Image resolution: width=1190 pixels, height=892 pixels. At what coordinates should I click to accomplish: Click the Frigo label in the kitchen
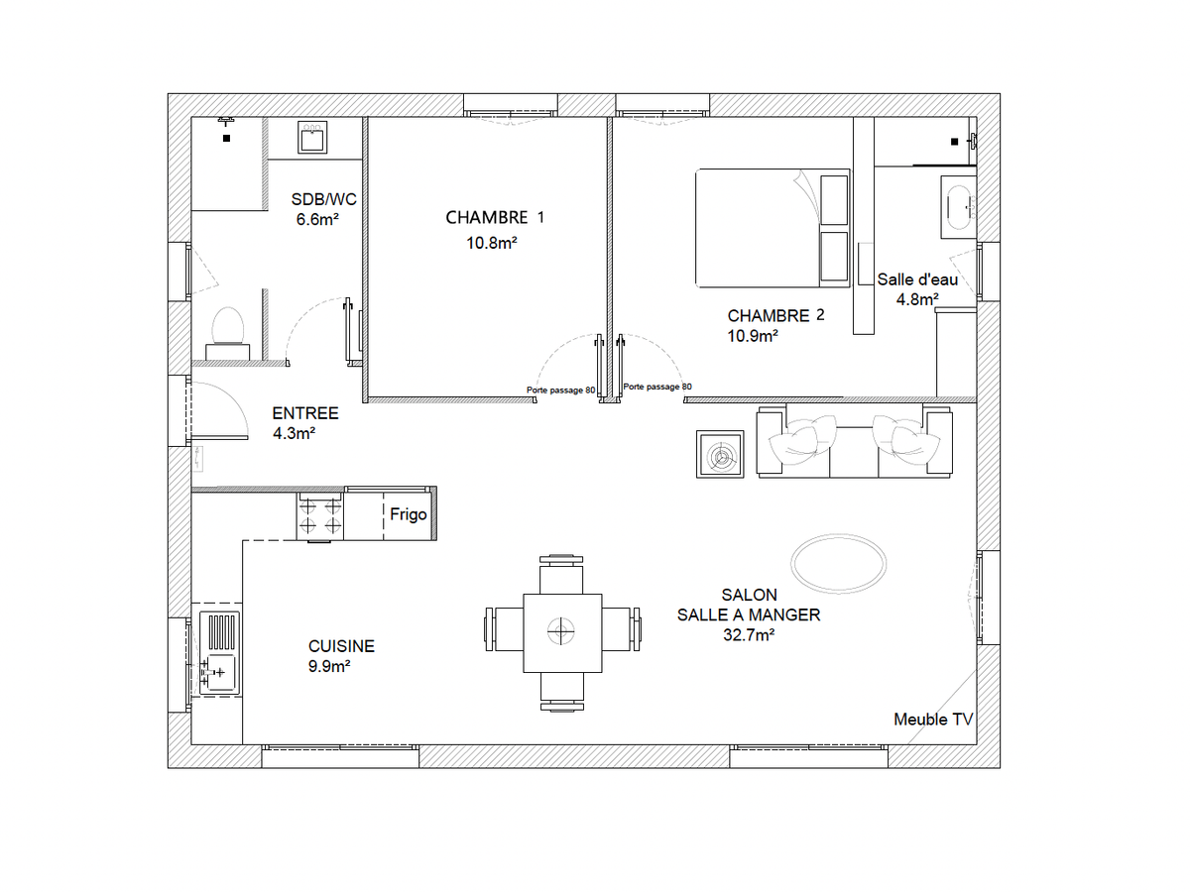[x=409, y=514]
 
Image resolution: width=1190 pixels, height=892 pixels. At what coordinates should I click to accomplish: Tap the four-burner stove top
[x=320, y=516]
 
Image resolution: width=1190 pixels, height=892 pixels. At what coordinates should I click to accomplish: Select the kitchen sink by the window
[x=219, y=652]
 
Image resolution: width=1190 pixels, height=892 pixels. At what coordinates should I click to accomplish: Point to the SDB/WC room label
[x=323, y=199]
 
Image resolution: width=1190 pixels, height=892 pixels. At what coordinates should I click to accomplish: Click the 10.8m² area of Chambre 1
[x=492, y=243]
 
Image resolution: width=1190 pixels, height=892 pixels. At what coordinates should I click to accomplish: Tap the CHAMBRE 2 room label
[x=775, y=315]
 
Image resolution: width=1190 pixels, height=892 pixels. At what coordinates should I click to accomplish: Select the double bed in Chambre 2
[x=773, y=228]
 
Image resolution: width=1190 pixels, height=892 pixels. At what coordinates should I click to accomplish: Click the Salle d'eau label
[x=917, y=279]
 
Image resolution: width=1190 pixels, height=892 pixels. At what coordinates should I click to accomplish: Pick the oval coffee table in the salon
[x=838, y=563]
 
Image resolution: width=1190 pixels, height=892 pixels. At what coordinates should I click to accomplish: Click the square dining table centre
[x=562, y=633]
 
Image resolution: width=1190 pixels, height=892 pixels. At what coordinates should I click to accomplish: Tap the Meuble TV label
[x=933, y=720]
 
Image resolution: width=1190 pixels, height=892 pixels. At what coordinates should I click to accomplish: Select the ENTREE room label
[x=305, y=413]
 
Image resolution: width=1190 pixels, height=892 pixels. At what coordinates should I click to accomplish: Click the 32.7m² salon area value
[x=748, y=634]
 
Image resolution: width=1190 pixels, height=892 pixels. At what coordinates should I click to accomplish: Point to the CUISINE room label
[x=341, y=646]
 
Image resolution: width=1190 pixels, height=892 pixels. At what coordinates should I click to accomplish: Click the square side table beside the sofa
[x=720, y=454]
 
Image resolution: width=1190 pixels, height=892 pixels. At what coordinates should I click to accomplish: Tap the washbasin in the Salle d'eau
[x=959, y=207]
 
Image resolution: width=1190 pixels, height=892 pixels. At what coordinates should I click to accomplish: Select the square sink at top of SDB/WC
[x=312, y=138]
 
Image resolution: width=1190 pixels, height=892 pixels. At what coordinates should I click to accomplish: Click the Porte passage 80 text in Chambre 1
[x=560, y=390]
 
